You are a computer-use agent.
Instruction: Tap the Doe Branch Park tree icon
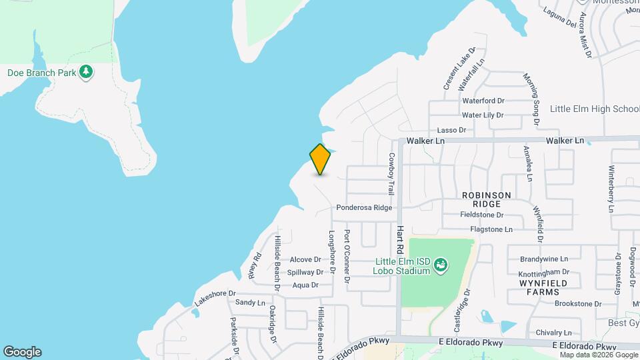point(86,71)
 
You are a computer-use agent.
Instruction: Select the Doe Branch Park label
point(41,72)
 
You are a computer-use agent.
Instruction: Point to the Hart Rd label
point(401,239)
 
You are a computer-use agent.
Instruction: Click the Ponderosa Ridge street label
point(364,207)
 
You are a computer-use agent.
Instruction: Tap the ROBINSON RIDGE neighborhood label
point(487,199)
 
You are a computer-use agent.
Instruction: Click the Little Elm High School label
point(595,109)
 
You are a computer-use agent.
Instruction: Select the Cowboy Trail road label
point(392,173)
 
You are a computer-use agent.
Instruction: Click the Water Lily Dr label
point(483,115)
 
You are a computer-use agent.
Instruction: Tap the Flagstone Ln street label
point(491,229)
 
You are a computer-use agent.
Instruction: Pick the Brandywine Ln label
point(544,259)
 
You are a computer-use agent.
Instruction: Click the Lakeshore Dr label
point(215,297)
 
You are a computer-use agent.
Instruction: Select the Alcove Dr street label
point(305,259)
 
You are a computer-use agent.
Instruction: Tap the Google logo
point(22,352)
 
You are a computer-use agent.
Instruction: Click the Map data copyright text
point(599,355)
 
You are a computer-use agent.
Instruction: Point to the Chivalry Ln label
point(553,333)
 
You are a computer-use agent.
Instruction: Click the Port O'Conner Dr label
point(347,256)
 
